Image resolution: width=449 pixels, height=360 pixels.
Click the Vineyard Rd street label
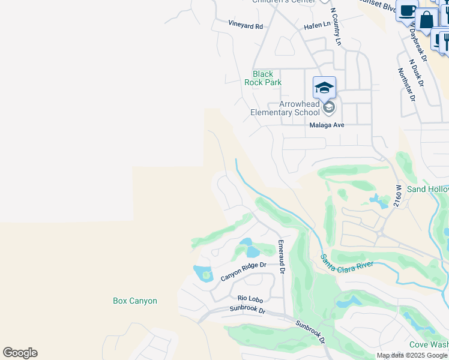[246, 26]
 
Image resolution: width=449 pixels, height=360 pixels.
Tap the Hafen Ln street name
[317, 25]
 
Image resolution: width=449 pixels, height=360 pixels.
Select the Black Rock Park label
[263, 78]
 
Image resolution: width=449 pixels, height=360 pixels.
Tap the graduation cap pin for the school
[324, 88]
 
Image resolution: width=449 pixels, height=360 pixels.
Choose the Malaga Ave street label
[327, 125]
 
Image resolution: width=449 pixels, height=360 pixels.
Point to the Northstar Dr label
[406, 84]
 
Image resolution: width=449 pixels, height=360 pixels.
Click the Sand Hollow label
[427, 189]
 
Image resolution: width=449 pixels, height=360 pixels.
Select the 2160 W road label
[397, 196]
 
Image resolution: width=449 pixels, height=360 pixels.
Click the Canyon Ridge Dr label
[243, 271]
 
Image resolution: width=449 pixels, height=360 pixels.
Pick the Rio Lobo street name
[250, 298]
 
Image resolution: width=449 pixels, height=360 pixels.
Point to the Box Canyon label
[135, 301]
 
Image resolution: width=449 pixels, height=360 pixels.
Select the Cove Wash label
[429, 344]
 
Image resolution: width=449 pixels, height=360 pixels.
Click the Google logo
[20, 353]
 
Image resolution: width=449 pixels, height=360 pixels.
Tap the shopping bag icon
[427, 19]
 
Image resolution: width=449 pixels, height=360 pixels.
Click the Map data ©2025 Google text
[412, 355]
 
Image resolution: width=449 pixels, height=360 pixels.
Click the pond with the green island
[203, 274]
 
